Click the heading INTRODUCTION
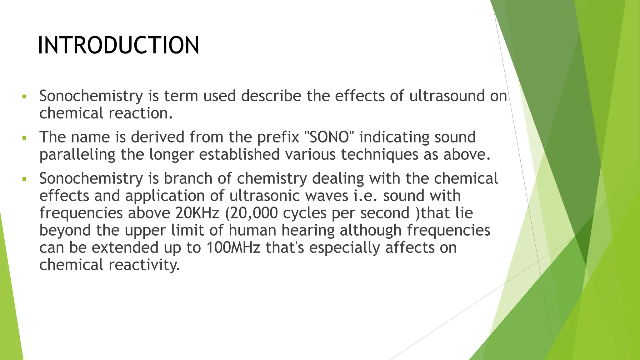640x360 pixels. tap(118, 46)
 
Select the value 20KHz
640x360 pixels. tap(197, 213)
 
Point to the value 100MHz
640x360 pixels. tap(233, 247)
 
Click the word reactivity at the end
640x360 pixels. tap(144, 265)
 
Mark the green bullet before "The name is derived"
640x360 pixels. tap(24, 137)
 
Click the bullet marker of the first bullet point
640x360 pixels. tap(24, 96)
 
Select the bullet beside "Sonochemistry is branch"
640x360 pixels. tap(24, 179)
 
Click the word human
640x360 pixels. tap(252, 230)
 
